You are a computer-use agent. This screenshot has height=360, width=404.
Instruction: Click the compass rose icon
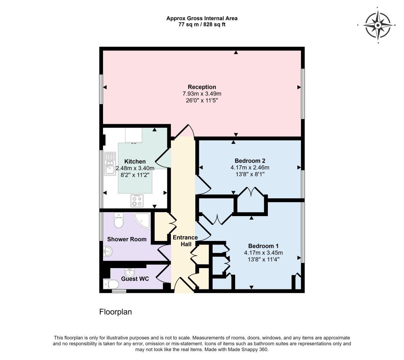coord(378,25)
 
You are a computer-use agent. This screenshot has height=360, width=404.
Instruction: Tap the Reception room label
coord(202,87)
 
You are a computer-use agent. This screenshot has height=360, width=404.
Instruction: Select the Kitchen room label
coord(135,161)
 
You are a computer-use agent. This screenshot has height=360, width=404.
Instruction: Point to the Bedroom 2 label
coord(250,161)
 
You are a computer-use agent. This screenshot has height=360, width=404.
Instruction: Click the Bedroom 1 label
coord(263,246)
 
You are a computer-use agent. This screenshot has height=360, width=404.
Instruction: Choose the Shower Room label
coord(127,239)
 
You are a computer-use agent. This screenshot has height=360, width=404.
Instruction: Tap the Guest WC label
coord(135,279)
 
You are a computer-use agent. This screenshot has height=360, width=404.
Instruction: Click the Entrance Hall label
coord(185,241)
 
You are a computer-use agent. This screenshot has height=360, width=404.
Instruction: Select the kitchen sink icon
coord(110,164)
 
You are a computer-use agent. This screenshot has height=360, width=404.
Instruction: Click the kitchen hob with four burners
coord(137,201)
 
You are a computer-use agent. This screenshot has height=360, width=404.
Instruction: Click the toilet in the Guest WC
coord(111,284)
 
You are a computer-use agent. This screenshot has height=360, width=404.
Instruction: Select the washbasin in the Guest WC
coord(129,272)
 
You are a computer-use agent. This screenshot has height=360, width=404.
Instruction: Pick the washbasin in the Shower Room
coord(108,251)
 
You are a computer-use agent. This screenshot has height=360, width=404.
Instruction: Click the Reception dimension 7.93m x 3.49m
coord(202,94)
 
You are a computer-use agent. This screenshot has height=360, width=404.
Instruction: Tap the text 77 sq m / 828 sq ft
coord(202,25)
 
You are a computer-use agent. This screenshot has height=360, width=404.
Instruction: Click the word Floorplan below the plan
coord(116,312)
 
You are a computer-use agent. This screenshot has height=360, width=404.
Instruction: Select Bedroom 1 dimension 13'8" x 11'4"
coord(263,259)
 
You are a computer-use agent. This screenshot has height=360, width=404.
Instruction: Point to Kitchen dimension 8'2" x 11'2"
coord(135,175)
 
